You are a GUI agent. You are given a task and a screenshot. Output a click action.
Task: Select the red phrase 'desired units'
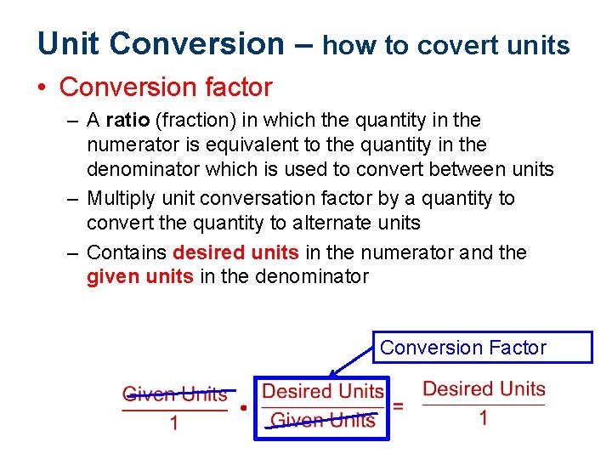pos(235,252)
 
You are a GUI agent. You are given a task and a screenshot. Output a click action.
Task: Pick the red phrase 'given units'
pos(140,276)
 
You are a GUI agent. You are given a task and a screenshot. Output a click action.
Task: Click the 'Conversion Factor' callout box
pos(482,348)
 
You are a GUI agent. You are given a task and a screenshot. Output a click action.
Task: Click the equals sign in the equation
pos(398,405)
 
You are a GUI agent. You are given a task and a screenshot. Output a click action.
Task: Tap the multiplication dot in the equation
pos(243,408)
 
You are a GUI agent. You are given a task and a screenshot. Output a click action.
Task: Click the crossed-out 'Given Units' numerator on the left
pos(175,394)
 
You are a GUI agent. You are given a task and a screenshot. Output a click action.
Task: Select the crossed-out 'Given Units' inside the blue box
pos(322,420)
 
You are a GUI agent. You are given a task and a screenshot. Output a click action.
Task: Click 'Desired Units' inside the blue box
pos(323,391)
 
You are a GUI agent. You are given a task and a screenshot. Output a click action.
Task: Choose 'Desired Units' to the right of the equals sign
pos(484,389)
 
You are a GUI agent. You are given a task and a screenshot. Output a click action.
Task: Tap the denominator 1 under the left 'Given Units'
pos(174,423)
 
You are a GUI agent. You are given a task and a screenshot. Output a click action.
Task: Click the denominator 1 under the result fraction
pos(484,418)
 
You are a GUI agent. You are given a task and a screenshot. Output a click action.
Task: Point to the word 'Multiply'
pos(117,198)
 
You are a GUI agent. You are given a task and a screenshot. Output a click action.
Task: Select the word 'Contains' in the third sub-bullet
pos(127,252)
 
